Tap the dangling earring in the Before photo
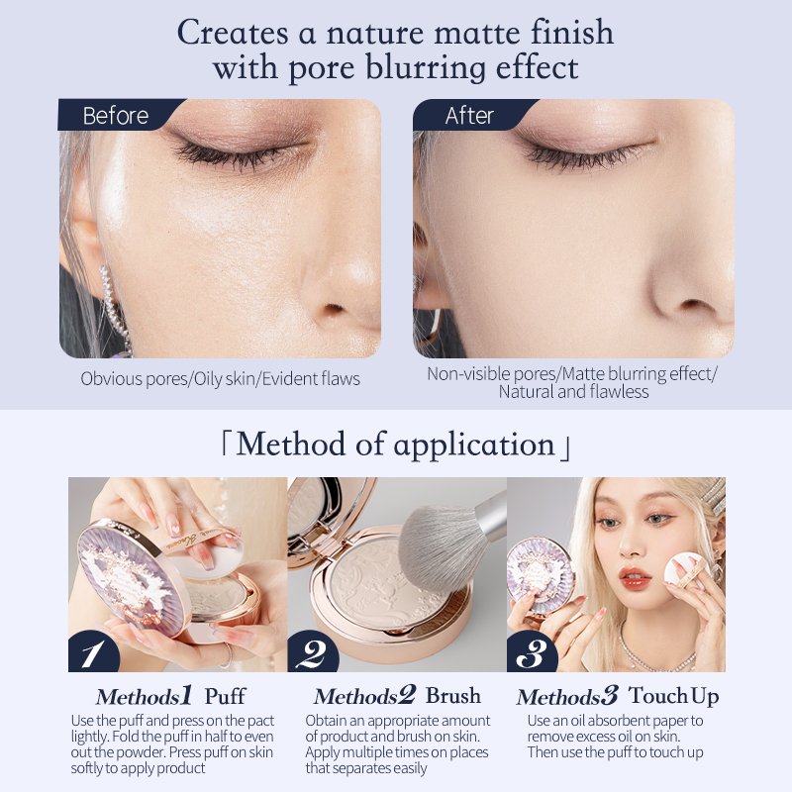(x=113, y=308)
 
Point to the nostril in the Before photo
(x=333, y=308)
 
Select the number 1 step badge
(x=92, y=652)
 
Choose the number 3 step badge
(x=531, y=652)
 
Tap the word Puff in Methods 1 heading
(x=226, y=697)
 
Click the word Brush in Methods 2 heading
(x=453, y=696)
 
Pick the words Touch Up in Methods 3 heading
(x=674, y=697)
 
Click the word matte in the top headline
(x=477, y=34)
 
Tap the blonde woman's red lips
(x=634, y=577)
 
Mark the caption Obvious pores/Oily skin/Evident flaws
(x=220, y=379)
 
